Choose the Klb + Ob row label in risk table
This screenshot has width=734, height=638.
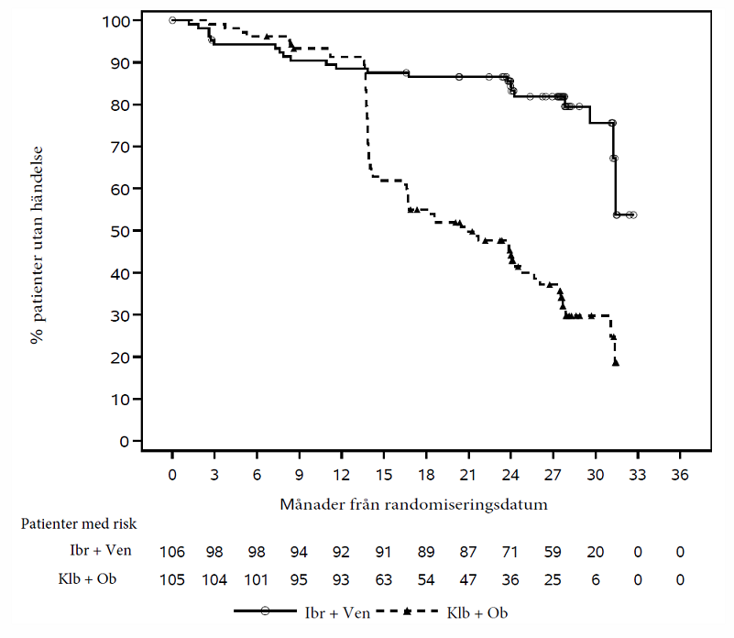point(80,579)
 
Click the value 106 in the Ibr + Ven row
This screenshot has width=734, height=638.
point(172,553)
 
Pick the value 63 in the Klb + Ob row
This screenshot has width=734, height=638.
point(384,579)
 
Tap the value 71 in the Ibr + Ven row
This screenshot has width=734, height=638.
point(510,553)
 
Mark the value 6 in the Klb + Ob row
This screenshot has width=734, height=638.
point(596,579)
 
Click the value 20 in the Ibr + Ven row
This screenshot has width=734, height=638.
point(596,553)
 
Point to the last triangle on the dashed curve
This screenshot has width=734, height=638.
point(616,363)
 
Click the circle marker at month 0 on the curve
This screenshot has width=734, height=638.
point(172,20)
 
